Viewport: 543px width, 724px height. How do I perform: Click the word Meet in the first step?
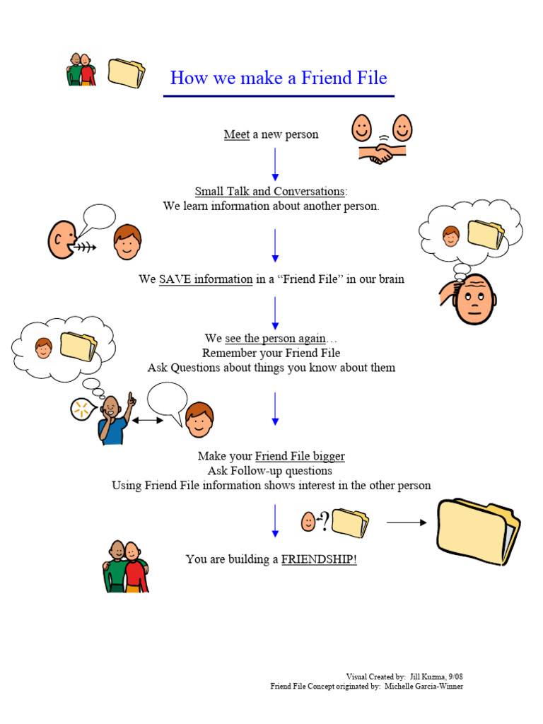tap(236, 134)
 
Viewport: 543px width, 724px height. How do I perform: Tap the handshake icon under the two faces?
tap(382, 153)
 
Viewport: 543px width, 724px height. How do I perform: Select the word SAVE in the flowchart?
tap(170, 279)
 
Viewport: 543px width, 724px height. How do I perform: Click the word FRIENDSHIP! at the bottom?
tap(319, 559)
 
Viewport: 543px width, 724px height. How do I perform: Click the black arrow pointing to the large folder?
tap(406, 522)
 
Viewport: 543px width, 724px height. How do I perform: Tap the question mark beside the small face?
tap(323, 520)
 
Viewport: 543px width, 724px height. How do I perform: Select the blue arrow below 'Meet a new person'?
tap(275, 164)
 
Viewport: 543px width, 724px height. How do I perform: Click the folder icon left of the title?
tap(127, 73)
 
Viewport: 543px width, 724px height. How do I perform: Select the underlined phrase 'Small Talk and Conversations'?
tap(270, 192)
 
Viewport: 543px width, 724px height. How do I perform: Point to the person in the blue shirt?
tap(113, 421)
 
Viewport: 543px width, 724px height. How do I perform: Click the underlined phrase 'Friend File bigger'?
tap(300, 456)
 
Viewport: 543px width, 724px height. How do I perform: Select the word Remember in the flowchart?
tap(226, 353)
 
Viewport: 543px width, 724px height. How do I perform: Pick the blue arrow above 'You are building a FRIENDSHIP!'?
tap(275, 520)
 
